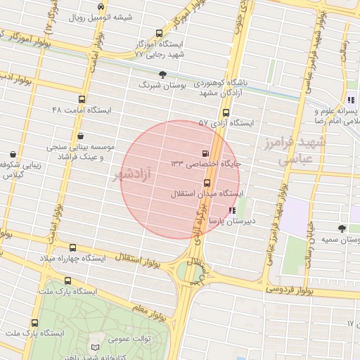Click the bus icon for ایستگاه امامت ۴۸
coord(82,100)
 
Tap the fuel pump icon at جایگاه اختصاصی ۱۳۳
coord(205,153)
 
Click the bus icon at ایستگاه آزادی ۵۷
coord(226,112)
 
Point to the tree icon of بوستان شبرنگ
coord(163,75)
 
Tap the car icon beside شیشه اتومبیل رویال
coord(103,6)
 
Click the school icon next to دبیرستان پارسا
coord(233,211)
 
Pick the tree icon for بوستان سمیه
coord(342,229)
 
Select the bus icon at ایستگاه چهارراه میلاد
coord(72,248)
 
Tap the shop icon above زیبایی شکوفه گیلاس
coord(13,154)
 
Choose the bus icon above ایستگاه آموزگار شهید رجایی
coord(158,33)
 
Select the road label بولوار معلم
coord(151,307)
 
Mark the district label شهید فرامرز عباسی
coord(302,152)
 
